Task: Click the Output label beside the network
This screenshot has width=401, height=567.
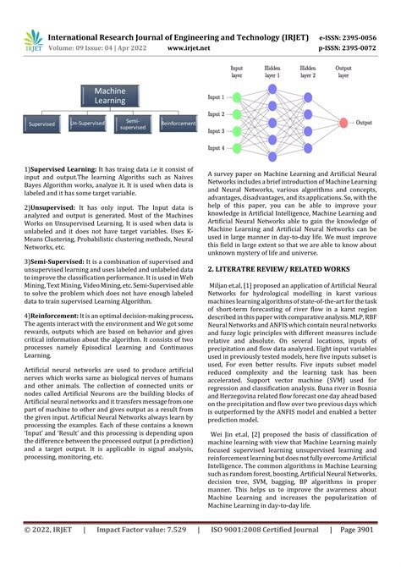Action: click(365, 123)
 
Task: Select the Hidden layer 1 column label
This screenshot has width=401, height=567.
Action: click(272, 70)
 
